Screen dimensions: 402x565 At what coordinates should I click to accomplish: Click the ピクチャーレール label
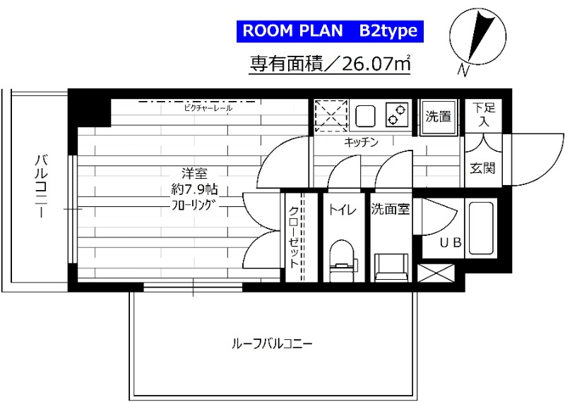208,109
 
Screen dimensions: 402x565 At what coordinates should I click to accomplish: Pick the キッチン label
362,142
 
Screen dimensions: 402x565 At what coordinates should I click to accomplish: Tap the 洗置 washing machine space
438,117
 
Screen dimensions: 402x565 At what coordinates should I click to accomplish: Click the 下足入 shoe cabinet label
484,114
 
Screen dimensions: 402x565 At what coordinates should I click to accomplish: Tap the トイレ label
342,209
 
